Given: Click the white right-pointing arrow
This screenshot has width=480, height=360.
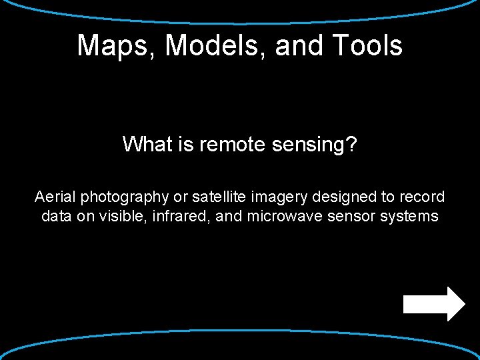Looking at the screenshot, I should pos(434,304).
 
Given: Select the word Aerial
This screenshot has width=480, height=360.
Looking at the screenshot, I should pos(55,197).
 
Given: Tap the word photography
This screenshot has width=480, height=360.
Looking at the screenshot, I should pos(125,197).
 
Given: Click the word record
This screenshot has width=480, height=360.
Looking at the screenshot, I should pos(423,197).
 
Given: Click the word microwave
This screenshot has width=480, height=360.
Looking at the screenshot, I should pos(276,216).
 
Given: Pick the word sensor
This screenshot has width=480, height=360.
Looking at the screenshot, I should pos(351,216).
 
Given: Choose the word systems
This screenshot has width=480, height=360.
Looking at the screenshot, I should pos(409,217).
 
